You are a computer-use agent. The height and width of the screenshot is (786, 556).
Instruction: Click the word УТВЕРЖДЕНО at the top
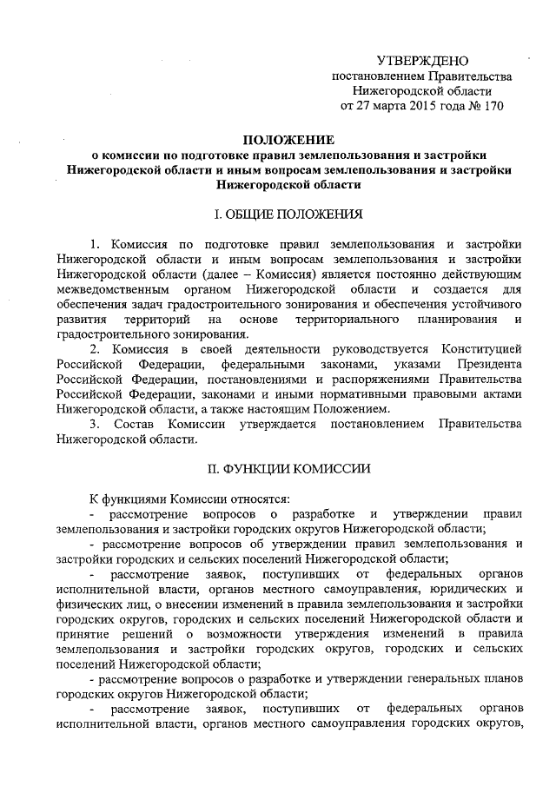point(422,61)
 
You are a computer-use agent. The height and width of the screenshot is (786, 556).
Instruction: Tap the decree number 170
point(489,106)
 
